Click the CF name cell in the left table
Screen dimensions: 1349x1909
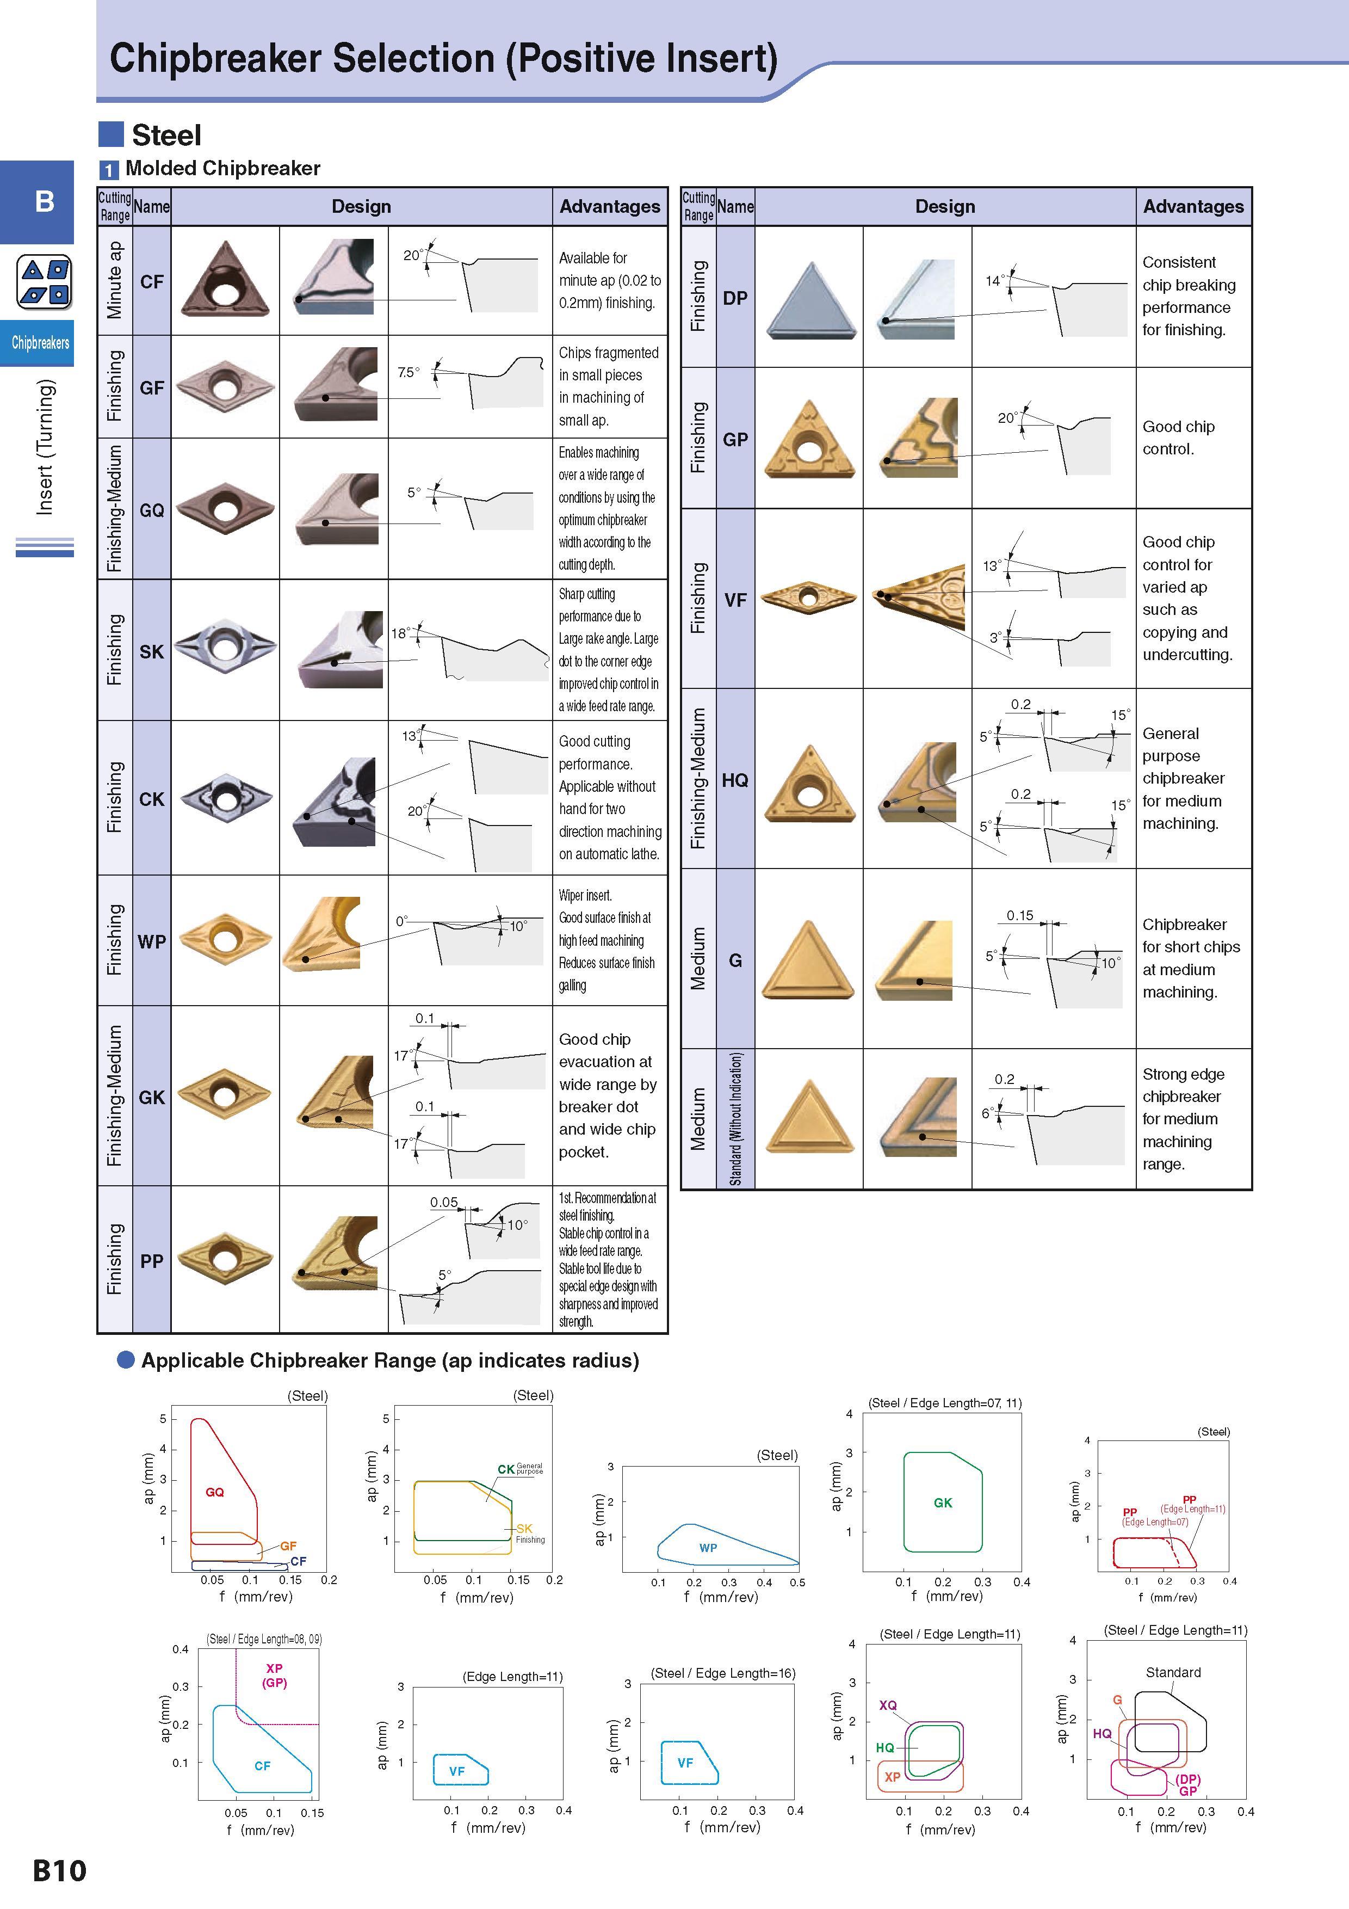point(151,281)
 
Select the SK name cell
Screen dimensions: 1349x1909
point(151,651)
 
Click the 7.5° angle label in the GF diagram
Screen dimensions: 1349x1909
point(408,372)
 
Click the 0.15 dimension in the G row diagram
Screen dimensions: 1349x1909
point(1020,915)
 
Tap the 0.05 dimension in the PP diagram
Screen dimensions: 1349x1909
point(444,1202)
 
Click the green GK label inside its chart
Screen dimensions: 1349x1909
point(943,1502)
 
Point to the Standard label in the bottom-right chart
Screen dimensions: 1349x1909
point(1173,1672)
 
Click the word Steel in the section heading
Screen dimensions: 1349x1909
point(166,135)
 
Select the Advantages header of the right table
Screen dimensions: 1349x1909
point(1193,206)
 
